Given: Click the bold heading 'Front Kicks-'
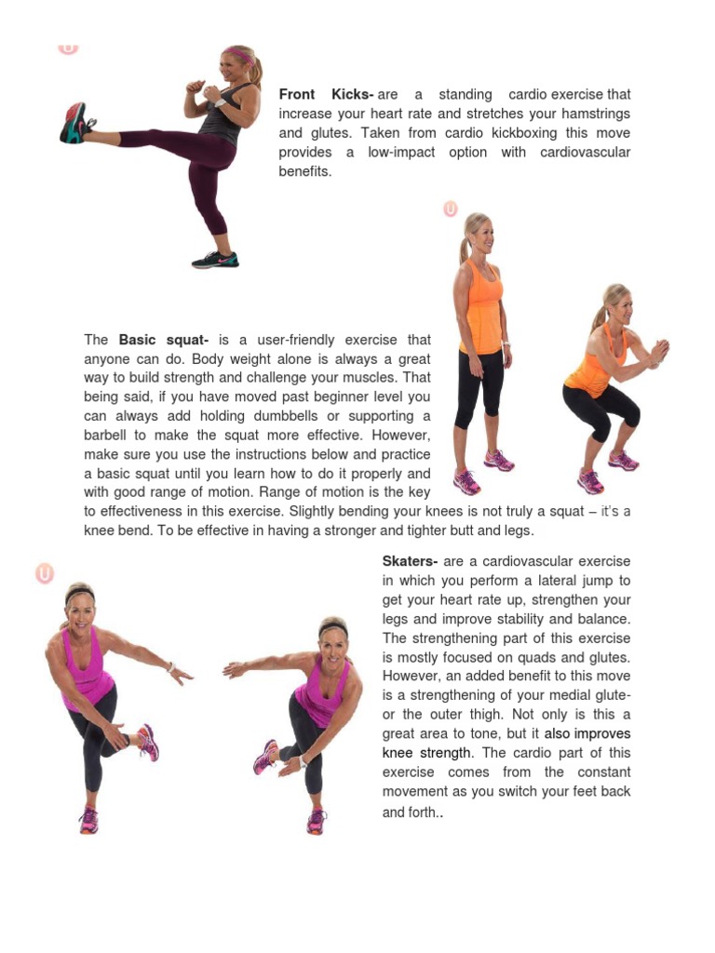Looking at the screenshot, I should (x=326, y=95).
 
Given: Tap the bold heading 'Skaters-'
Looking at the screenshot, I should (x=410, y=561).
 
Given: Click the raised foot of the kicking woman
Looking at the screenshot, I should (x=74, y=124).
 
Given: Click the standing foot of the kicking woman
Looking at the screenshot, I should (x=215, y=261).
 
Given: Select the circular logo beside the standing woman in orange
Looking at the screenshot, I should (x=451, y=209).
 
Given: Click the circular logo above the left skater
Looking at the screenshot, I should (x=45, y=573).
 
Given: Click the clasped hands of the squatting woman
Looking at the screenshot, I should (x=658, y=352).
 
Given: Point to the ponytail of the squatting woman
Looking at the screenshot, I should (x=600, y=316).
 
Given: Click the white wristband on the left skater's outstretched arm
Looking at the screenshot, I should (x=171, y=666).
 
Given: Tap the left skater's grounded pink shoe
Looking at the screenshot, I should (x=88, y=820).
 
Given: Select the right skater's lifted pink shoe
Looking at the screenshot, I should (x=264, y=757).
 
